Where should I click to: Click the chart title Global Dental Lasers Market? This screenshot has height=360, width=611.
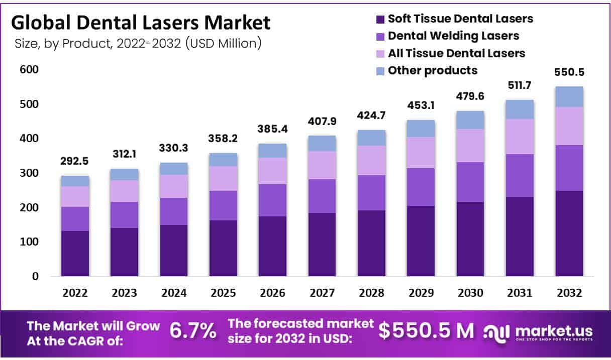pos(141,23)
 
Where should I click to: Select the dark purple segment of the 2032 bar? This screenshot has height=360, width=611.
pos(569,233)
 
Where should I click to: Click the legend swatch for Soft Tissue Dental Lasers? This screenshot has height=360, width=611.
pos(380,20)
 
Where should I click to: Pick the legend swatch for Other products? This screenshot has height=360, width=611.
pos(380,71)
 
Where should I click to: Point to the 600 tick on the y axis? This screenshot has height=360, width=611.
pos(29,70)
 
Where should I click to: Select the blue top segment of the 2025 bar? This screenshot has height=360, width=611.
pos(223,160)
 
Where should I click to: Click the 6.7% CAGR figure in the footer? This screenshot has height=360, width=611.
pos(193,330)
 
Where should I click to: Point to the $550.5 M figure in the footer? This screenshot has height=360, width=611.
pos(426,330)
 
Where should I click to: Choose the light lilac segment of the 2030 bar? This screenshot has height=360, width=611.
pos(470,146)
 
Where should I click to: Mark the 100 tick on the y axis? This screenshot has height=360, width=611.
pos(29,242)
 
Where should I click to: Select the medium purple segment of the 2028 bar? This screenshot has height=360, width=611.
pos(371,193)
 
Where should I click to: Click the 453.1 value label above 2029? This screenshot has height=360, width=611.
pos(421,106)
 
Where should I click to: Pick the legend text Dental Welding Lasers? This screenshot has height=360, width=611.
pos(453,36)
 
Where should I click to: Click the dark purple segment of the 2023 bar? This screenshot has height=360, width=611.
pos(124,252)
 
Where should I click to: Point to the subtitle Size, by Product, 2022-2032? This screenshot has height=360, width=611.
pos(136,44)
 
